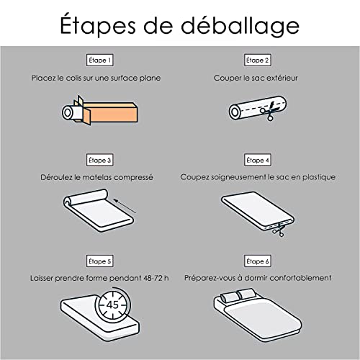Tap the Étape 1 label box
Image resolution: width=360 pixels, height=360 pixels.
click(x=100, y=60)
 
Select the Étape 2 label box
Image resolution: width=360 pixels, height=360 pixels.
click(x=256, y=60)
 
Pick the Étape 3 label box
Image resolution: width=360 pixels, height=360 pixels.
click(x=100, y=160)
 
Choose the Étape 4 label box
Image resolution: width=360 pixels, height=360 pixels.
click(x=256, y=160)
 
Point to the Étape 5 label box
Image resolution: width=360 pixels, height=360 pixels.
click(x=100, y=260)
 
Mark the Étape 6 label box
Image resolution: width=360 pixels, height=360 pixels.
click(x=256, y=260)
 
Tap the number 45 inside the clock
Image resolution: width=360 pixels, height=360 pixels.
click(x=112, y=305)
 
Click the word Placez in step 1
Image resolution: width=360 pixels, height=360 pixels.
click(x=43, y=77)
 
